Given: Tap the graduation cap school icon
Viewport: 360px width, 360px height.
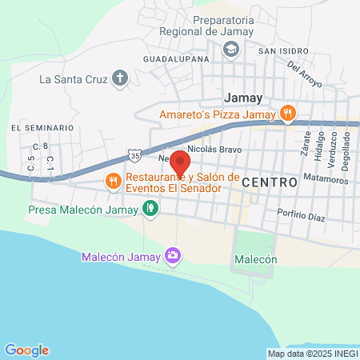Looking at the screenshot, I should tap(230, 50).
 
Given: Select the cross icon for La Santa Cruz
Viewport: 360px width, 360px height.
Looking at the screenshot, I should tap(120, 78).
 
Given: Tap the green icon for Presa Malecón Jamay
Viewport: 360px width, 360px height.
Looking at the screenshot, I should tap(150, 209).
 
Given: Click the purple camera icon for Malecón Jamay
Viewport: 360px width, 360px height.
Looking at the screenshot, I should tap(172, 256).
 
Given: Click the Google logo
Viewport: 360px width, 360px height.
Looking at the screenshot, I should tap(26, 350).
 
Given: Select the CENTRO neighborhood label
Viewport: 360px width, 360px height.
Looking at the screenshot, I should tap(269, 182).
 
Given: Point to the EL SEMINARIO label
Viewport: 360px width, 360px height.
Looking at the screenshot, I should tap(37, 128).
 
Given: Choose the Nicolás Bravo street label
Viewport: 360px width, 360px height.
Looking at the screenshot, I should tap(214, 150).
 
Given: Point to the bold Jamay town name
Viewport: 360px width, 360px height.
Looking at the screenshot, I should tap(243, 98).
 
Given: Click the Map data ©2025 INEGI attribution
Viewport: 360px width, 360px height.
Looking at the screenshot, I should tap(312, 354).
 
